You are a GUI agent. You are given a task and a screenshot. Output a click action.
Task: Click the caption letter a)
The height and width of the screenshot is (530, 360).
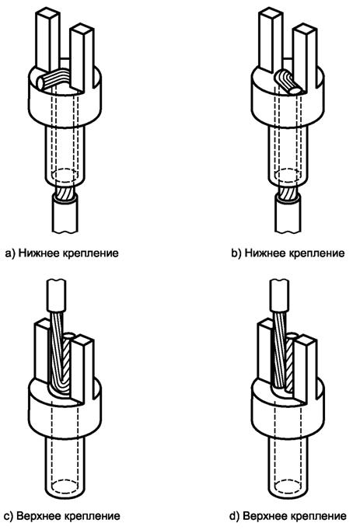[10, 253]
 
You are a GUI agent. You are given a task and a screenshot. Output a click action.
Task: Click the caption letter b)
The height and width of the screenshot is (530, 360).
[236, 253]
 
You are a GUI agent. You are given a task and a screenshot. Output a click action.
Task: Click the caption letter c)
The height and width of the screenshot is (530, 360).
[9, 516]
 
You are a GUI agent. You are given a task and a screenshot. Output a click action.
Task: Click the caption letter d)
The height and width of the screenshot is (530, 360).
[235, 516]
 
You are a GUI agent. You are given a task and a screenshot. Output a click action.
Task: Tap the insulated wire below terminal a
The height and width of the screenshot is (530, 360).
[65, 215]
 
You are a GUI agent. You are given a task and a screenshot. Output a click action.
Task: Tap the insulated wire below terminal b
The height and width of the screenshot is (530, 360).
[288, 215]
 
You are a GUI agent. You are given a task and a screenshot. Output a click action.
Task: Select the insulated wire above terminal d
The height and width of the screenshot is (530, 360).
[279, 295]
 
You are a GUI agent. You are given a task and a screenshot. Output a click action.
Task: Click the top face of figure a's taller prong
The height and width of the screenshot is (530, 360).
[47, 12]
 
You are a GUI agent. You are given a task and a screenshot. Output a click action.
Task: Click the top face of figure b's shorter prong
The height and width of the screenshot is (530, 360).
[306, 29]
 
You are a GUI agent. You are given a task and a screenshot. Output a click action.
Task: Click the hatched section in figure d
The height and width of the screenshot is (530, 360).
[289, 366]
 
